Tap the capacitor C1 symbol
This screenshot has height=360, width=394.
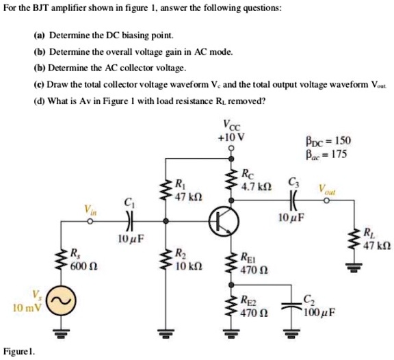pos(129,220)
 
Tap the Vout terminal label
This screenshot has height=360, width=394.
pos(326,189)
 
